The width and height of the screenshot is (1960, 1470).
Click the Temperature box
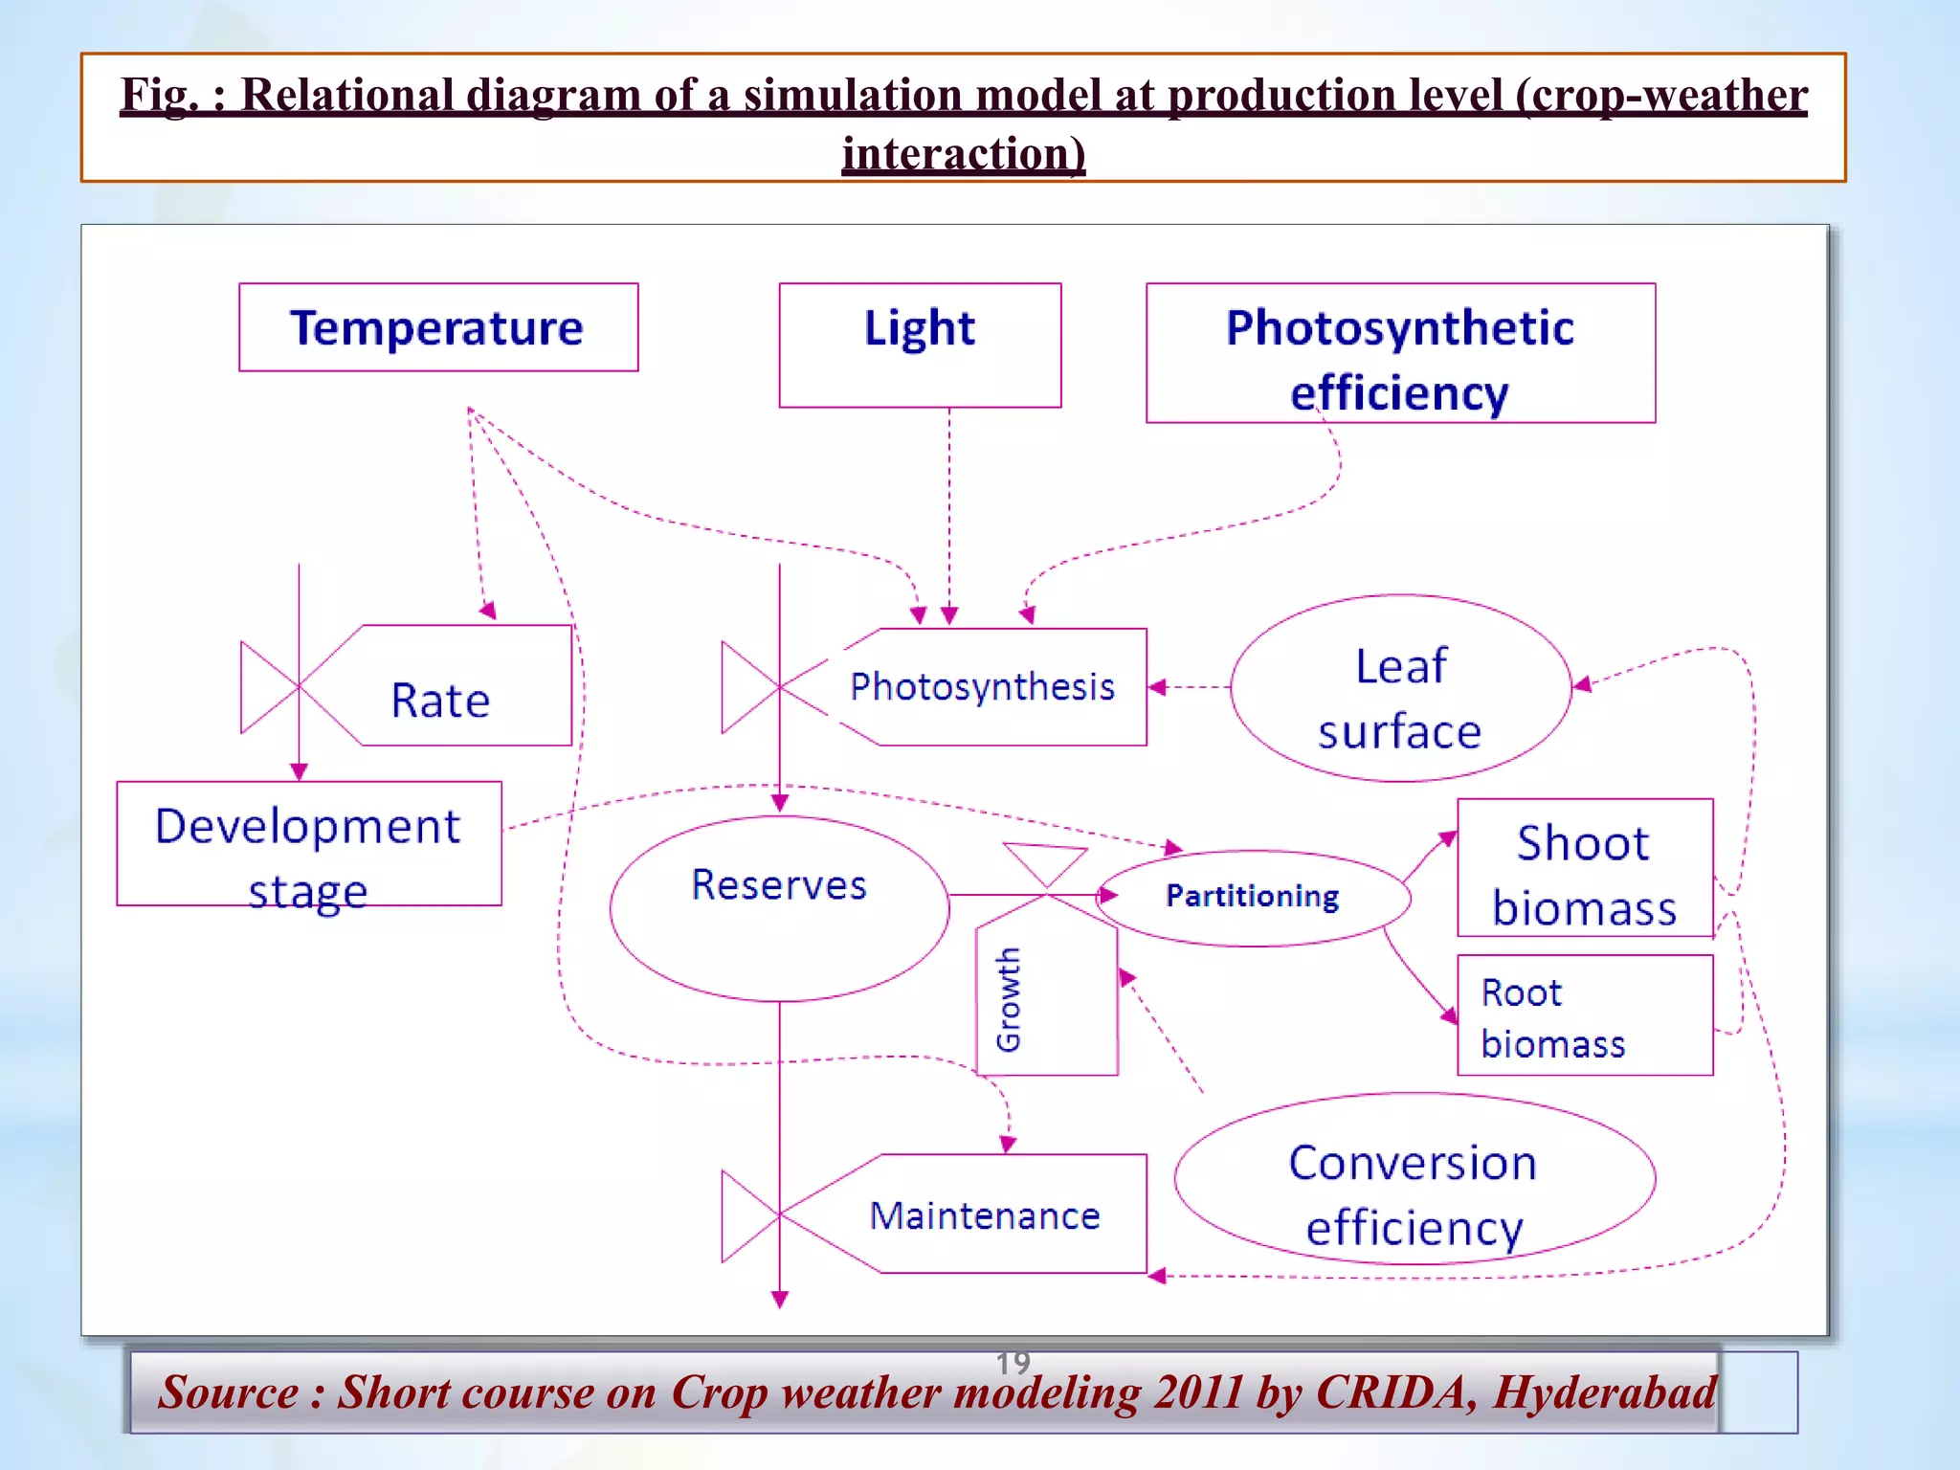(x=438, y=327)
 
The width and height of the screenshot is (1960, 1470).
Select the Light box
(x=920, y=345)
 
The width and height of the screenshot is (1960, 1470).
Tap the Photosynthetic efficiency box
(x=1400, y=353)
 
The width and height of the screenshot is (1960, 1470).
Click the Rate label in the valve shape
(x=440, y=700)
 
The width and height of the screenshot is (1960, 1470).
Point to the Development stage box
(x=308, y=844)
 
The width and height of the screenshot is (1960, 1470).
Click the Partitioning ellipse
(x=1252, y=897)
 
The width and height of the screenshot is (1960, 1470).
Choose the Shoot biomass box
(x=1584, y=868)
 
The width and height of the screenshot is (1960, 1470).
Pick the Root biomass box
(x=1584, y=1015)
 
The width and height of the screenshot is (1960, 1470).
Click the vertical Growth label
(x=1009, y=1000)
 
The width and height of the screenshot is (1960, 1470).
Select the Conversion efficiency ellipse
(x=1414, y=1179)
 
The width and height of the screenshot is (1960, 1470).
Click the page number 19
(x=1013, y=1362)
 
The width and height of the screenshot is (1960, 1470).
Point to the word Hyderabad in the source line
(x=1605, y=1393)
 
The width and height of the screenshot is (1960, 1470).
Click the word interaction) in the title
(x=964, y=153)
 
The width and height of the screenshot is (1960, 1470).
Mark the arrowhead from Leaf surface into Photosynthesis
(x=1156, y=687)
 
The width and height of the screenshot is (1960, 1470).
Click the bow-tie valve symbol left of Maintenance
(x=751, y=1215)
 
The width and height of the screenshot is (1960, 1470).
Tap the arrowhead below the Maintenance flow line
(x=780, y=1299)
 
